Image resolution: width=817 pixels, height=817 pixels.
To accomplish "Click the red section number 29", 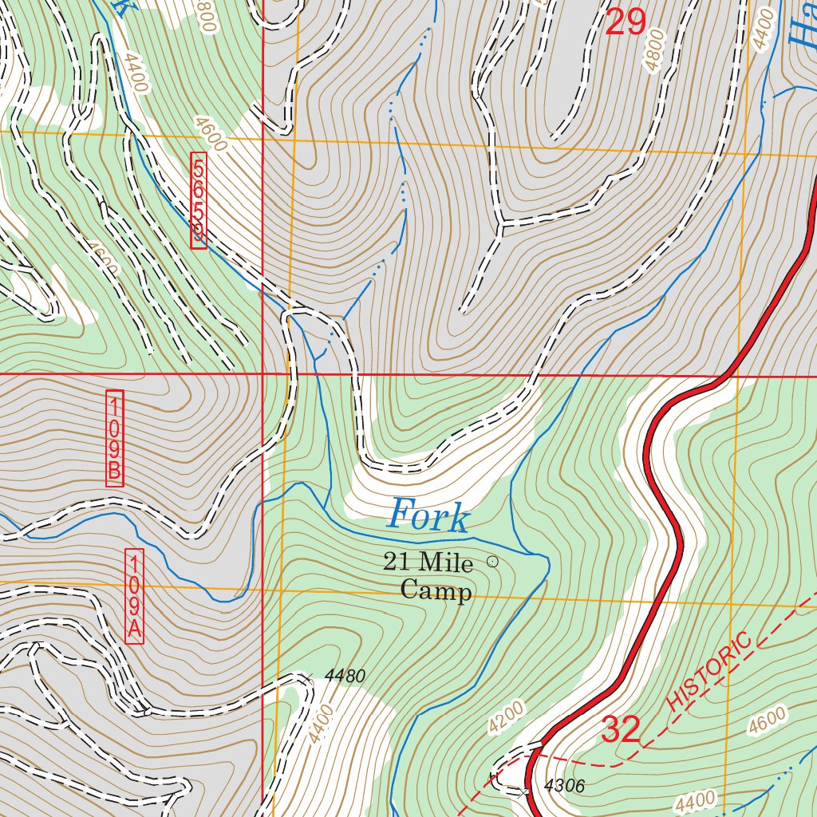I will (625, 22).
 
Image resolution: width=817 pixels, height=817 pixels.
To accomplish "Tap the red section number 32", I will (621, 729).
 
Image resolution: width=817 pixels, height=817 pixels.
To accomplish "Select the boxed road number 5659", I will (199, 202).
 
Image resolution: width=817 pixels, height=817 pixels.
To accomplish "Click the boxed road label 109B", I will (115, 438).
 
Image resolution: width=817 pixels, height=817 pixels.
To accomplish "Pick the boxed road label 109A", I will (135, 596).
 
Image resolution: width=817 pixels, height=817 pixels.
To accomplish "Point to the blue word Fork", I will (428, 516).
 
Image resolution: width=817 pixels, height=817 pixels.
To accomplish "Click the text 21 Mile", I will (428, 562).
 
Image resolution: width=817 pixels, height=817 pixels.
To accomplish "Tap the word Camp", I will (436, 591).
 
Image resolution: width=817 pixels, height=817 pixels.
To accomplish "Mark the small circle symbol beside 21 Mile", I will (492, 562).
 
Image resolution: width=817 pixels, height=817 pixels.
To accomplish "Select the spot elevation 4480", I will (345, 677).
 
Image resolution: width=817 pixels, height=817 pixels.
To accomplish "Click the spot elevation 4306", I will (564, 787).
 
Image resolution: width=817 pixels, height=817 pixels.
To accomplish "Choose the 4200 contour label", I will (507, 718).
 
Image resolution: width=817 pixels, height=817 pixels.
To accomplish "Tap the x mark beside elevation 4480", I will (306, 677).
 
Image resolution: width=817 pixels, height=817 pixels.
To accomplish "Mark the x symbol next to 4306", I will (523, 792).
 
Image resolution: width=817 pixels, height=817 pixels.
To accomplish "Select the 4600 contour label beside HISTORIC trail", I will (768, 720).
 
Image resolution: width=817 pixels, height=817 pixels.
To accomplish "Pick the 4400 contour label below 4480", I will (318, 724).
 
